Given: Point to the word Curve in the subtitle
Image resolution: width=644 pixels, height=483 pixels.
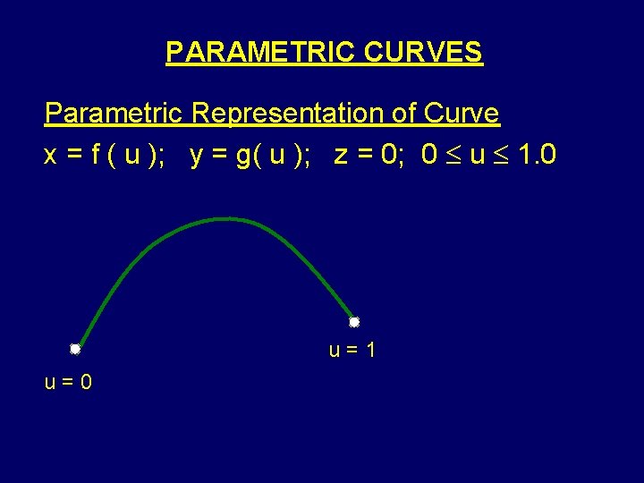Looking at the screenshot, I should point(462,114).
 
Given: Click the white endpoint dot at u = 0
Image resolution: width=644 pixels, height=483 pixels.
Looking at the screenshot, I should point(76,349).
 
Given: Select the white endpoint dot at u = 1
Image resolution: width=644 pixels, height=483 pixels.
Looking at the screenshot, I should point(354,322).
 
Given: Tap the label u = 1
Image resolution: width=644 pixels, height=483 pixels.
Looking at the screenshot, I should point(352,350).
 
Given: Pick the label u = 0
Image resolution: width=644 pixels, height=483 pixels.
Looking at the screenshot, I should point(68,383).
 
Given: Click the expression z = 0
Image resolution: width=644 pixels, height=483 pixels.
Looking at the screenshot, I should point(366,156).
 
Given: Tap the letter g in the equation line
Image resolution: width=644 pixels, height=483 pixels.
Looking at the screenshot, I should point(241,157).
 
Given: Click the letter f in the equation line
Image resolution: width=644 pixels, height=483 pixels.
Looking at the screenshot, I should point(94,156).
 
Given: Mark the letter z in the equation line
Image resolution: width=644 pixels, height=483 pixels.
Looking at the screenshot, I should point(340,157).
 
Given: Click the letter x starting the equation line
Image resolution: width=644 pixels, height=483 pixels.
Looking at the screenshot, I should point(51,157).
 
